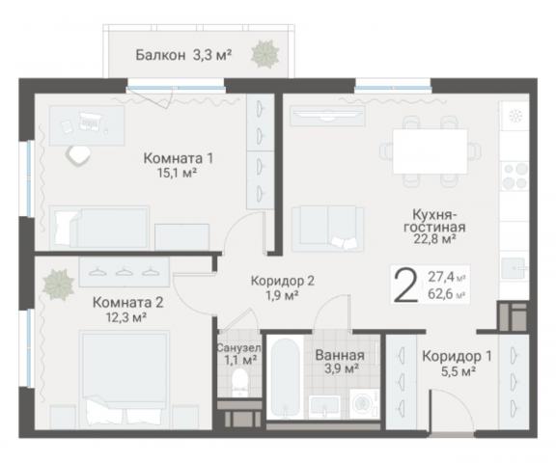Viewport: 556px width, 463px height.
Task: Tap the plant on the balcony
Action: (263, 55)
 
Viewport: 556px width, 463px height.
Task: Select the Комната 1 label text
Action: (177, 166)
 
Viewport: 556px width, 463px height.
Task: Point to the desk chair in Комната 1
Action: (76, 152)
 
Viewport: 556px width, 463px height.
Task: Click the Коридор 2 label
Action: (282, 288)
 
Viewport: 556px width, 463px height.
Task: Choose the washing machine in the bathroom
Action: (359, 404)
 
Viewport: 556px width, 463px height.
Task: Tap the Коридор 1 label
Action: (457, 362)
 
